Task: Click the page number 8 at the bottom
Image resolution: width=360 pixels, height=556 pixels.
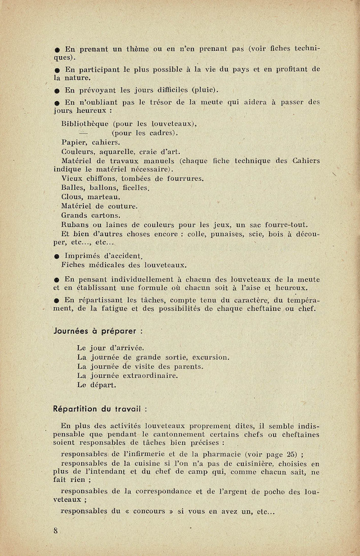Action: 55,531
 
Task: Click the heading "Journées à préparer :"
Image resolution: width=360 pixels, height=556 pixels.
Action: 97,331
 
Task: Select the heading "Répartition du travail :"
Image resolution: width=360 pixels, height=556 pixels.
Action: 101,408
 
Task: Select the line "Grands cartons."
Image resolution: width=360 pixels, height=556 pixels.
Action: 91,215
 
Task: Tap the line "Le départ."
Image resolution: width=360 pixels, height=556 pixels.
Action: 96,385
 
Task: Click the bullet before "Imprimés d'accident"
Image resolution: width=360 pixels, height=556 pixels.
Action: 57,256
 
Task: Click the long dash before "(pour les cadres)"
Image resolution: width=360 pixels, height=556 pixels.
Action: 84,133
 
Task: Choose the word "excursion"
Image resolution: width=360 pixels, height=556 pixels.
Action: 208,357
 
